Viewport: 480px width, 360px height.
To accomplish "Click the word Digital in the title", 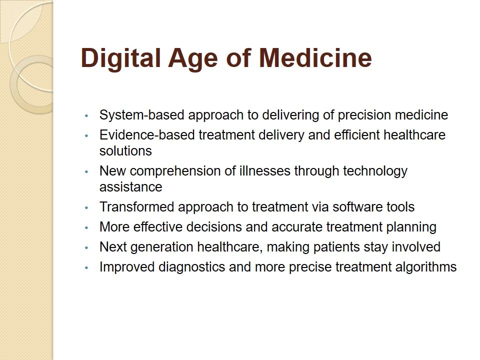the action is coord(120,58).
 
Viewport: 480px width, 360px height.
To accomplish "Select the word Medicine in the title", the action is coord(315,57).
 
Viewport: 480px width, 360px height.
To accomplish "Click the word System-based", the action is coord(141,115).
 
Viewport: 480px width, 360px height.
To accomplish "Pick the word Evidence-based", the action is coord(147,135).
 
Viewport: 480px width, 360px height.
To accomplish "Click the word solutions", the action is coord(125,151).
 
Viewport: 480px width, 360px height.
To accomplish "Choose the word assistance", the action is coord(130,187).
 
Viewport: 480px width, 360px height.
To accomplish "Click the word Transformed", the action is coord(137,207).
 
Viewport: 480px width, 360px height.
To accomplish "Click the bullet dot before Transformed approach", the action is coord(86,208).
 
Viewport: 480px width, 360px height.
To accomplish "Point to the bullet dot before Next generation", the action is coord(86,247).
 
